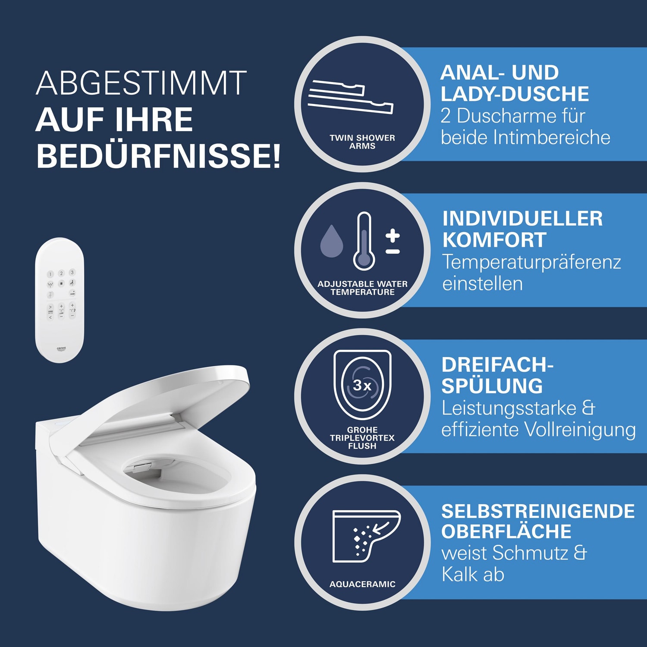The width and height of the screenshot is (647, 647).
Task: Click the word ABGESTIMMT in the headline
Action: [141, 83]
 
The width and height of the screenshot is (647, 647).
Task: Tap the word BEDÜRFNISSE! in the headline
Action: [158, 156]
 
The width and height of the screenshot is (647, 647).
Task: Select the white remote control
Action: [60, 300]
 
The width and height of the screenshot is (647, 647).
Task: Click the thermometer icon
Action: [364, 241]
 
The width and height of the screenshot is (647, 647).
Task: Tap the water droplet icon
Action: [332, 241]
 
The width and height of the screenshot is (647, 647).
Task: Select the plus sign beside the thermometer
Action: [393, 235]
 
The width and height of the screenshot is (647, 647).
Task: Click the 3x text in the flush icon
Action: [362, 385]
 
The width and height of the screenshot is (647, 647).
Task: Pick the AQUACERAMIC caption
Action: [362, 584]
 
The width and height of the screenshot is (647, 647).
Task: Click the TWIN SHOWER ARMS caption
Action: [362, 142]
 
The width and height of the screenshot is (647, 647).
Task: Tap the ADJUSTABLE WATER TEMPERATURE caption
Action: [362, 288]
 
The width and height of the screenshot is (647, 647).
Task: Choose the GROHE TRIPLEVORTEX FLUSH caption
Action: [362, 438]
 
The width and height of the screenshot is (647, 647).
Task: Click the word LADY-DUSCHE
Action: [515, 94]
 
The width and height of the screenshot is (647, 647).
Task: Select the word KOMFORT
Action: [494, 240]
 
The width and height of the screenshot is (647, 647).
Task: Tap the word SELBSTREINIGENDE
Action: [538, 511]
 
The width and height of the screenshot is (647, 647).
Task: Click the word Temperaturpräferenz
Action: [532, 262]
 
